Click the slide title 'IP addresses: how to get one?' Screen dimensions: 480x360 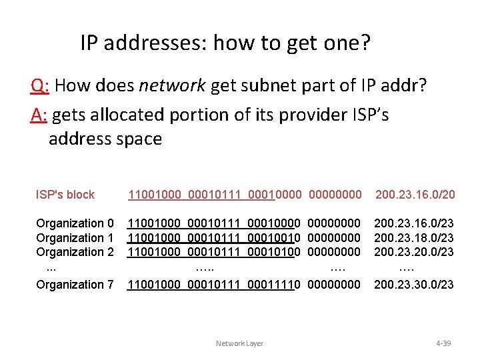tap(225, 43)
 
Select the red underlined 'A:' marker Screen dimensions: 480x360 tap(39, 115)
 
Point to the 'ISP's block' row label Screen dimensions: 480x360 tap(65, 195)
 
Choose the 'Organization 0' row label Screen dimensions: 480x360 tap(75, 223)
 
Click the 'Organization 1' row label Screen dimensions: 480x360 tap(75, 238)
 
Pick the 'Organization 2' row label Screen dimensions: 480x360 tap(75, 252)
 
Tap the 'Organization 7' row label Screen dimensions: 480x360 tap(75, 285)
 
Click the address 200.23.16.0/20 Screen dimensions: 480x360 tap(415, 195)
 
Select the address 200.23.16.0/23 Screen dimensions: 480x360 tap(414, 223)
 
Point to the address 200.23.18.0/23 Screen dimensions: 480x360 tap(414, 238)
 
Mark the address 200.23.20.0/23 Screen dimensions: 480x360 tap(414, 252)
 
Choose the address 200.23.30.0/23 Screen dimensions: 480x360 tap(414, 285)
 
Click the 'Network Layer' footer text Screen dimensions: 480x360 tap(239, 343)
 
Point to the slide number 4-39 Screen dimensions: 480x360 tap(443, 343)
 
